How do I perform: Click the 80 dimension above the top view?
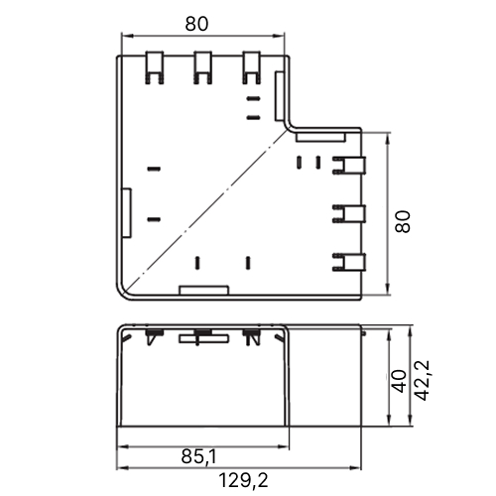(196, 24)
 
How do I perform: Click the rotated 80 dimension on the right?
(403, 221)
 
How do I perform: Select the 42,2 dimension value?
(422, 380)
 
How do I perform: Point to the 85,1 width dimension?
(198, 456)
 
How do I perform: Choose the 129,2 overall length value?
(243, 480)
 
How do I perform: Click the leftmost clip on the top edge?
(155, 67)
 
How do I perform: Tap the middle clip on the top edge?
(202, 67)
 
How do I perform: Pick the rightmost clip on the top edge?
(251, 67)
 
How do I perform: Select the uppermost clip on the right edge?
(349, 166)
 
